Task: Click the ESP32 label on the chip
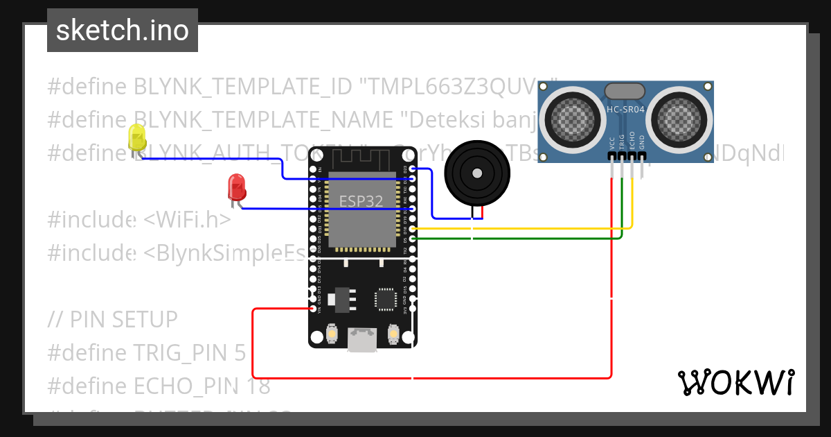361,201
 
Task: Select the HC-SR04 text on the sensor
625,110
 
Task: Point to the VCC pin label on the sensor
612,143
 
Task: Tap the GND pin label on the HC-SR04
642,143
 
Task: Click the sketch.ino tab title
123,31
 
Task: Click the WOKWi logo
735,382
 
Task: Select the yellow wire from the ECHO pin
526,228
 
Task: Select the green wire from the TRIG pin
526,239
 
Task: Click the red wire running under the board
429,378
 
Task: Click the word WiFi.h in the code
187,220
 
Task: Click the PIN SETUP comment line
113,320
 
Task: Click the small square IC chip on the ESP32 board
386,299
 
